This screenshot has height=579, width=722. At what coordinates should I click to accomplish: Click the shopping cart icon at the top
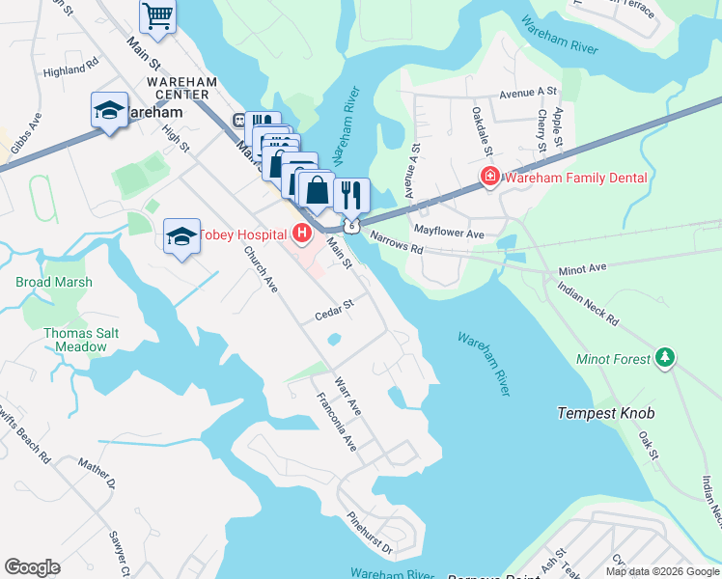click(158, 15)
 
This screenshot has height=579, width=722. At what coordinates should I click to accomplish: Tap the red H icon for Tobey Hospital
click(303, 234)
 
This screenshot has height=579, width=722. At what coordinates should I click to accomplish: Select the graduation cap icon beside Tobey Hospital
click(181, 236)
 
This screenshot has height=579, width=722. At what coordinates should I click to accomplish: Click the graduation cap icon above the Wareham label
click(110, 110)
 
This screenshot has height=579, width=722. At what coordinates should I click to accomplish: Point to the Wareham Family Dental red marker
click(490, 178)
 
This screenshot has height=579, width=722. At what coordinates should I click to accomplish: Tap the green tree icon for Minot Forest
click(664, 359)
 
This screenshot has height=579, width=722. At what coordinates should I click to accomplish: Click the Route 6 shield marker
click(354, 225)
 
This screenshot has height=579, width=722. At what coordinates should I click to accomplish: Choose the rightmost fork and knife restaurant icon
click(351, 194)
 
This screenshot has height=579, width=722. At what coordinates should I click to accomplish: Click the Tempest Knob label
click(606, 413)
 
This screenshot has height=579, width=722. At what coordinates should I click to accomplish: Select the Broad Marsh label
click(54, 283)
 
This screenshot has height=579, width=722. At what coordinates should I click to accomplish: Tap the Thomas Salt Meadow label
click(74, 340)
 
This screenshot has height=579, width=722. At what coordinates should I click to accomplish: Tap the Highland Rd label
click(71, 69)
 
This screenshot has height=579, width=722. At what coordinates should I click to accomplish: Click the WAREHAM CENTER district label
click(179, 88)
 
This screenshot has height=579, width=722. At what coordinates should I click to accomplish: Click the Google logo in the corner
click(33, 567)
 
